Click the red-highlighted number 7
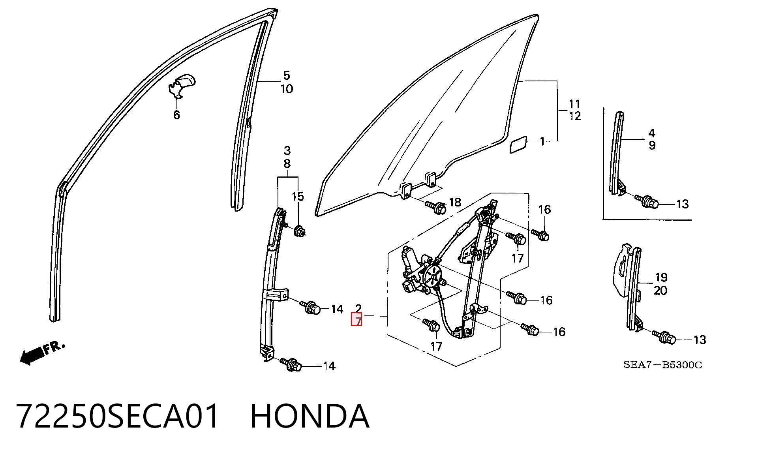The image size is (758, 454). coord(356,319)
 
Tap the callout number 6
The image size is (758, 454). coord(176,115)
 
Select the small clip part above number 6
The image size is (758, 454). coord(182,84)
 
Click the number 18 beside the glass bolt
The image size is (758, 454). coord(455,202)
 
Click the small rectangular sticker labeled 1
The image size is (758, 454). coord(518,144)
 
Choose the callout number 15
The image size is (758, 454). coord(298,197)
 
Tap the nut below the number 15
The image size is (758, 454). coord(299,230)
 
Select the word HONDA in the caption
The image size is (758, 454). coord(310,416)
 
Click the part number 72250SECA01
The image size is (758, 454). coord(117,416)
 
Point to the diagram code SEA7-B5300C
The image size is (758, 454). coord(663,365)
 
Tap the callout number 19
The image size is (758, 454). coord(661,277)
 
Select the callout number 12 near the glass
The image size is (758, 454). coord(575,116)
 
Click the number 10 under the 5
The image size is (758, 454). coord(287,89)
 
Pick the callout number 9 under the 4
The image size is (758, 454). coord(652,145)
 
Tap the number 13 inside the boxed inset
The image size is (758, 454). coord(683,204)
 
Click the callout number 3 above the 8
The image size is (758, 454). coord(287,150)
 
